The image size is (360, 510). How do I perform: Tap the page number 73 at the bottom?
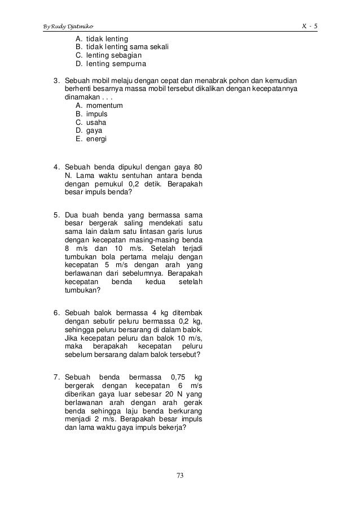click(x=180, y=476)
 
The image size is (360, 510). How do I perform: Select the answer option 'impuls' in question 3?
click(x=96, y=114)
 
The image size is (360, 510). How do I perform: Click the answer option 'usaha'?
click(x=96, y=122)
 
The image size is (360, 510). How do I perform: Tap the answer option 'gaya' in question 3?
click(x=94, y=130)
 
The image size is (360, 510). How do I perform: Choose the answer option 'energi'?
click(x=96, y=139)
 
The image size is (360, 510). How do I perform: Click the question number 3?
click(x=56, y=81)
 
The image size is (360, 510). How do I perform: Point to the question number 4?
click(x=56, y=167)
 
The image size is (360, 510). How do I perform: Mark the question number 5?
click(x=56, y=215)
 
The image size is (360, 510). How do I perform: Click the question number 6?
click(x=56, y=312)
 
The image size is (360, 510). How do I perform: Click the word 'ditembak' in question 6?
click(x=188, y=312)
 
